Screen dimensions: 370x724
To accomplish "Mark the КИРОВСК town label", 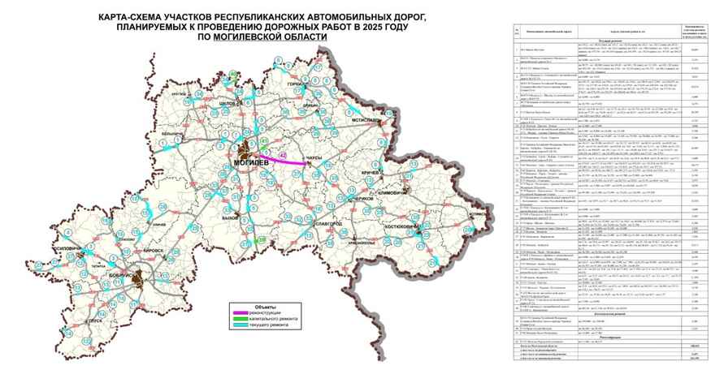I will pos(151,252).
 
